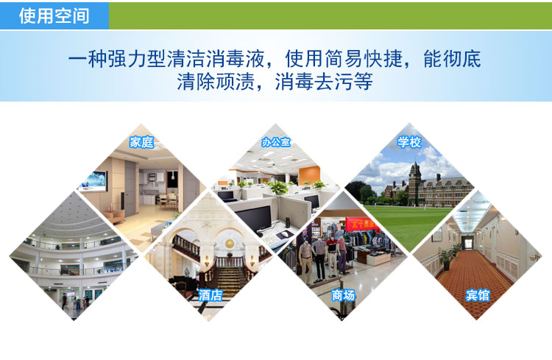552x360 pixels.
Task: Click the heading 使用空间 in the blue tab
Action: coord(54,16)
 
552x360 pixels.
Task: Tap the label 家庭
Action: coord(141,142)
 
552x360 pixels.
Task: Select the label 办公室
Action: coord(276,142)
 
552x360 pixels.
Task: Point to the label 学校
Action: coord(409,142)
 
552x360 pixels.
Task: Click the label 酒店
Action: coord(210,295)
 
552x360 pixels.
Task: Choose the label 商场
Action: coord(343,295)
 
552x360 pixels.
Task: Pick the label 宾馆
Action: coord(478,295)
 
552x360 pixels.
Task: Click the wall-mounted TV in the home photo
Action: coord(93,180)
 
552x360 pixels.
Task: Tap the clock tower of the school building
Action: coord(414,183)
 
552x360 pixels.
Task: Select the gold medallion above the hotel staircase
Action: coord(230,244)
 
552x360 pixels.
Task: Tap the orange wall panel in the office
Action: coord(309,175)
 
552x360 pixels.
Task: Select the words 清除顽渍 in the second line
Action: coord(216,82)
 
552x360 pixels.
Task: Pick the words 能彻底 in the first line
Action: coord(452,59)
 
